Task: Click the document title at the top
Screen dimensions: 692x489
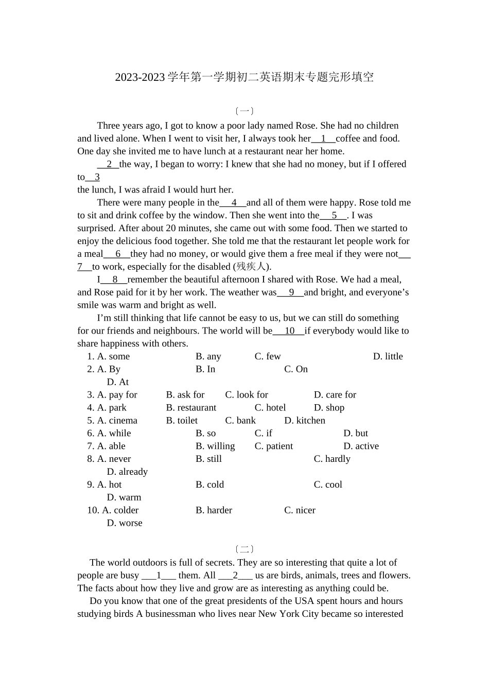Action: click(x=244, y=77)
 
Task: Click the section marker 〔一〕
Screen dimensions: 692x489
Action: click(x=244, y=111)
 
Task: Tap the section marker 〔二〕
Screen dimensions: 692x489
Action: click(x=244, y=549)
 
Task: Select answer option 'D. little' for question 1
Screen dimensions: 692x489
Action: click(x=388, y=356)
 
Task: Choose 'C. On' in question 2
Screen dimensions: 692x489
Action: click(x=296, y=369)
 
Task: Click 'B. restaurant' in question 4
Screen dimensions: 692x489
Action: click(x=191, y=408)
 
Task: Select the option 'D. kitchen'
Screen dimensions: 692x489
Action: click(x=305, y=421)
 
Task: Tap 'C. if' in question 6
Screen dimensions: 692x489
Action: click(x=264, y=434)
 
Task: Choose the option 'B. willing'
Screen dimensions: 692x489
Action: click(x=215, y=446)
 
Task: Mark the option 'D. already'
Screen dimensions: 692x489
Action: click(x=127, y=472)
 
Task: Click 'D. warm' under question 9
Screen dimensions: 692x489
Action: click(x=124, y=498)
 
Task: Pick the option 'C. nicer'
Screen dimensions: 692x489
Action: click(x=300, y=510)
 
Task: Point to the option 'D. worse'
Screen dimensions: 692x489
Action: click(x=125, y=523)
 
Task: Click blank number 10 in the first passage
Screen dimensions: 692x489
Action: click(x=289, y=331)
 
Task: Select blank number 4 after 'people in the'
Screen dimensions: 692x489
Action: click(x=234, y=203)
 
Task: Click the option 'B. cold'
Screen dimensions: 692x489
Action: click(x=209, y=485)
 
